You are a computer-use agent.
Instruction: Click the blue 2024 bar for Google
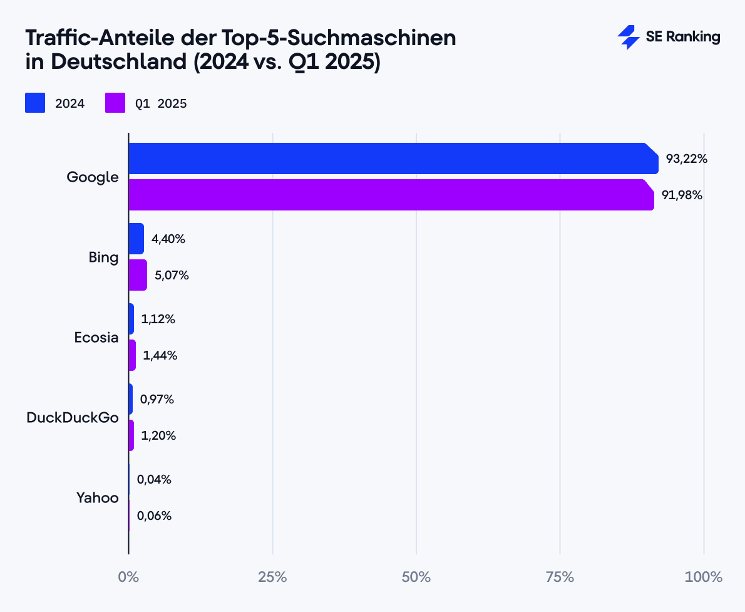(393, 158)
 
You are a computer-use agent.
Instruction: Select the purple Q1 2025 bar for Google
(391, 195)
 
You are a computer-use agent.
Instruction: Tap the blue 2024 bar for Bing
(136, 239)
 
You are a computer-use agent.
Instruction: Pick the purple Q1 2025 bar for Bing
(138, 275)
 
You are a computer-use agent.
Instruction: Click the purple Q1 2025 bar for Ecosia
(132, 355)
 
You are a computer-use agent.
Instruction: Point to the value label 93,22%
(686, 159)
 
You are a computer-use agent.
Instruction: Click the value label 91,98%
(682, 195)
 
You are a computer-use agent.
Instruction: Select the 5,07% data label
(172, 275)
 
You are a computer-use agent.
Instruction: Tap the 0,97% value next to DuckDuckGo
(157, 399)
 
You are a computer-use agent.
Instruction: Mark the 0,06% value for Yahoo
(154, 516)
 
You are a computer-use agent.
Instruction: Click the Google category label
(93, 177)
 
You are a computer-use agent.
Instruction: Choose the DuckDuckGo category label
(73, 418)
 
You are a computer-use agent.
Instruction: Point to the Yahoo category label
(98, 498)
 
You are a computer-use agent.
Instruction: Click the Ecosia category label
(96, 338)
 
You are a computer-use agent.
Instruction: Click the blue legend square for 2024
(35, 103)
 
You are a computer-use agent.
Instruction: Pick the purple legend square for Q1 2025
(115, 103)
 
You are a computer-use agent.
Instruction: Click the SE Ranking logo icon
(628, 38)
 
